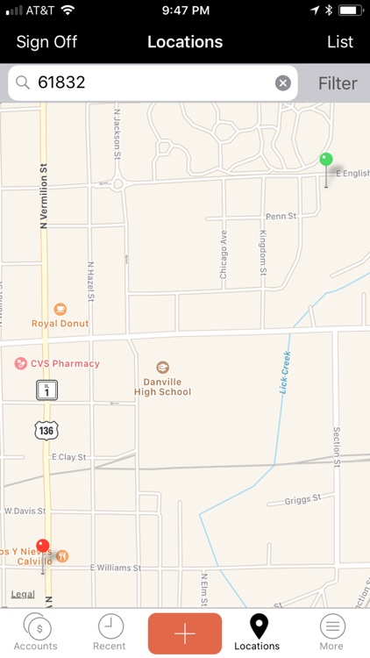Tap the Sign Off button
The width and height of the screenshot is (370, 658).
coord(46,42)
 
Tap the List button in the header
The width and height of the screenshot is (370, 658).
coord(340,42)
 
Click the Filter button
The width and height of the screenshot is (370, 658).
coord(338,83)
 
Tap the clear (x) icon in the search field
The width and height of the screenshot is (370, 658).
coord(283,83)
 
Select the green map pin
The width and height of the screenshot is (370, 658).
coord(326,161)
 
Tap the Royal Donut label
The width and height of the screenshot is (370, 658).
coord(60,323)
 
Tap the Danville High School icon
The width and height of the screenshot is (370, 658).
coord(162,368)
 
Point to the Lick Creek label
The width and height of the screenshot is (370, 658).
coord(285,372)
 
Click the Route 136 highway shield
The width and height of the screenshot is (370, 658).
coord(46,430)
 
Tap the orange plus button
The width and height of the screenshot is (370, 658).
coord(185,633)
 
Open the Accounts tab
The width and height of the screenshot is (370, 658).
coord(36,632)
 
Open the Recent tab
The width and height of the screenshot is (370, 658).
coord(110,632)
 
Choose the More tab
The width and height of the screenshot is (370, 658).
coord(331,632)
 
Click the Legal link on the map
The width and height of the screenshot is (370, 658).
coord(23,594)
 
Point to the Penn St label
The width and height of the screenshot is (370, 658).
coord(281,216)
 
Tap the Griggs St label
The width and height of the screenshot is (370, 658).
coord(303,502)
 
